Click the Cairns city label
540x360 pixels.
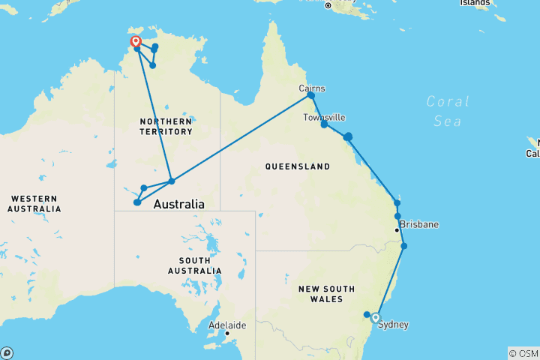[312, 88]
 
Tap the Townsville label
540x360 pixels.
[324, 118]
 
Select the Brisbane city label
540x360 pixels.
[419, 224]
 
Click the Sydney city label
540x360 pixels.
[394, 325]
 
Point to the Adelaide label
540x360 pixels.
[227, 325]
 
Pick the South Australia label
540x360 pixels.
[194, 265]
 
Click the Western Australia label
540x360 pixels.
[35, 203]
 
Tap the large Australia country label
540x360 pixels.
[178, 204]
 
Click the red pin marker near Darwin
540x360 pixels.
[136, 42]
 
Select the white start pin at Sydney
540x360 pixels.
[376, 317]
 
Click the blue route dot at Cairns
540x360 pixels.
[310, 96]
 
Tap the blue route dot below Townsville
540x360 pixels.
[324, 124]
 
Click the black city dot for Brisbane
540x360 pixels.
[397, 229]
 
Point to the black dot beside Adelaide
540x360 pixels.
[226, 333]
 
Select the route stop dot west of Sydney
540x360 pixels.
[367, 315]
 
